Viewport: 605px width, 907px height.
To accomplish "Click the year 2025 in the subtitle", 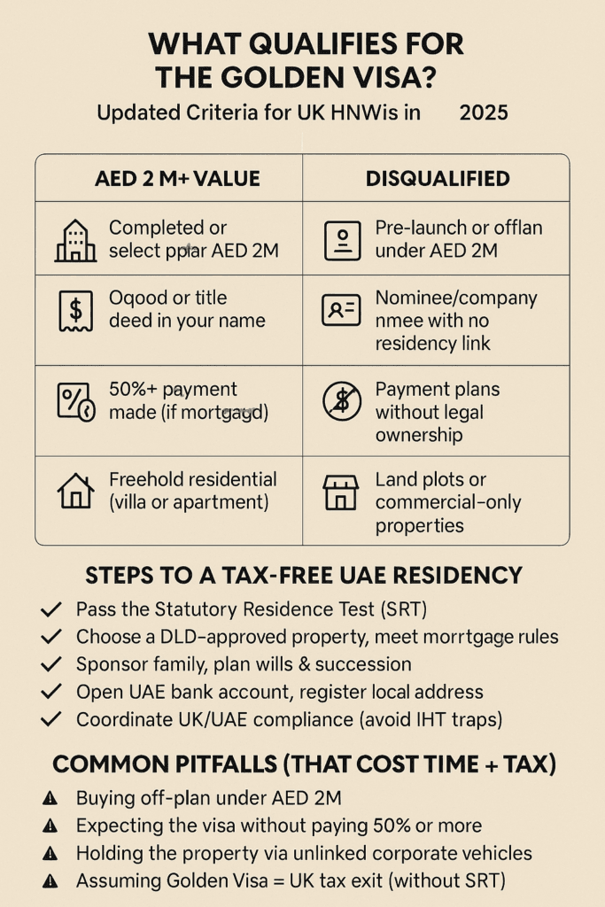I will coord(482,113).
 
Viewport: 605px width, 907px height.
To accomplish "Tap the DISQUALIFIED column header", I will coord(438,179).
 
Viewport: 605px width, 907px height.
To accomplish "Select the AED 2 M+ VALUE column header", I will coord(177,179).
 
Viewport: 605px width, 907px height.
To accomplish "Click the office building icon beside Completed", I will coord(75,240).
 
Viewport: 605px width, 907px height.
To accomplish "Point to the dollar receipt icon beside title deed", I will coord(75,310).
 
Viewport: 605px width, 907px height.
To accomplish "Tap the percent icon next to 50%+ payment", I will coord(75,401).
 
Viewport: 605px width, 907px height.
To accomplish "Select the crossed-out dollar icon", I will coord(341,401).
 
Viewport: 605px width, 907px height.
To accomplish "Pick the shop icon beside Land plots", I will coord(341,492).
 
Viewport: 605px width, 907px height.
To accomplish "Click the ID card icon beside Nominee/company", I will coord(341,310).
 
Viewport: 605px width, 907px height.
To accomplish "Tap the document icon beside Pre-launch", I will coord(341,240).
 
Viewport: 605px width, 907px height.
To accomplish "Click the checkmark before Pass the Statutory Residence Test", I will coord(51,609).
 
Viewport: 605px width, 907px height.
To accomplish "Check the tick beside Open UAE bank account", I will coord(51,692).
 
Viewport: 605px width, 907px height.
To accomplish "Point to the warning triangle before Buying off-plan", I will coord(50,799).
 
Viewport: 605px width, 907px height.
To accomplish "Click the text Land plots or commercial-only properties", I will coord(448,502).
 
